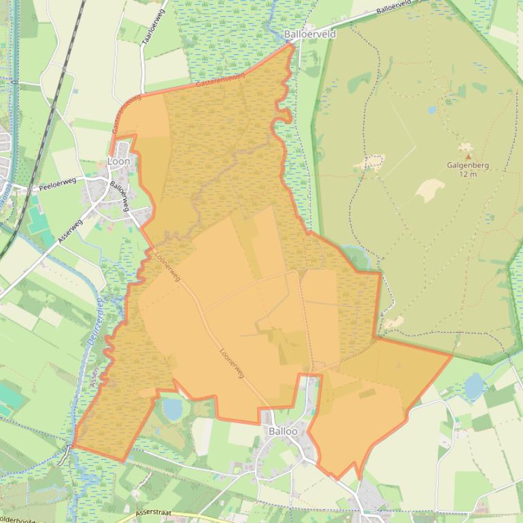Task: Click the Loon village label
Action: coord(118,162)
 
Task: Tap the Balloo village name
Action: coord(283,431)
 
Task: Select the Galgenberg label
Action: coord(467,165)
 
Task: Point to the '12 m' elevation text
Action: coord(467,174)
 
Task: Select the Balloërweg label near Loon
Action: coord(120,196)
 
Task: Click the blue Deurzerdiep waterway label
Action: coord(94,324)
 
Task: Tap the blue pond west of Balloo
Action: coord(173,409)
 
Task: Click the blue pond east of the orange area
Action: coord(474,386)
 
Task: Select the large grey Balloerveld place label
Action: coord(310,34)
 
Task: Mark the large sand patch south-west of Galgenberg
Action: coord(430,190)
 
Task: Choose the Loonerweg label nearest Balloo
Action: coord(232,363)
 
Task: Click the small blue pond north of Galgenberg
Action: coord(431,110)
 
